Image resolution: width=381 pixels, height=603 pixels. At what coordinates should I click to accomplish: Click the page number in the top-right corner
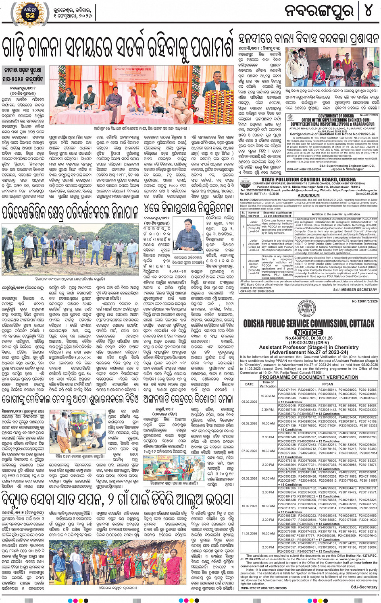[x=368, y=11]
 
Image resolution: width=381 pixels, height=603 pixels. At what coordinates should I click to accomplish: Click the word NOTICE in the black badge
[x=309, y=332]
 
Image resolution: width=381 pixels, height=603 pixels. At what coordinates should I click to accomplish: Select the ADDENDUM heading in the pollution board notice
[x=308, y=195]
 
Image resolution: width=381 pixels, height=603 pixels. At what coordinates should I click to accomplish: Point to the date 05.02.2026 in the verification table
[x=249, y=402]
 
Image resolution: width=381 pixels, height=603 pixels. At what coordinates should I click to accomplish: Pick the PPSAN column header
[x=327, y=384]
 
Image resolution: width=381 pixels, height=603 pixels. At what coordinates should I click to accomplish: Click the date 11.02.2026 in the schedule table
[x=249, y=533]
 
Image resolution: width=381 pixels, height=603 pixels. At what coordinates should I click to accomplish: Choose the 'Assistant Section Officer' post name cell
[x=254, y=267]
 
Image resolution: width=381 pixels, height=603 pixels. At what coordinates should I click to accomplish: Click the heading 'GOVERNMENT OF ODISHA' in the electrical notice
[x=336, y=116]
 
